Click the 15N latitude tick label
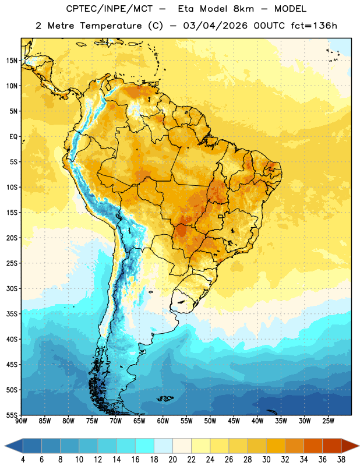(x=12, y=61)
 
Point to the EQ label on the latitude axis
(x=13, y=137)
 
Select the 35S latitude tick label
(x=12, y=314)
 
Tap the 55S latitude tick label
(x=12, y=415)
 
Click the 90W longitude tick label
(x=21, y=421)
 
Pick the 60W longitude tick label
(x=163, y=421)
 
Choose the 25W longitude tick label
(x=328, y=421)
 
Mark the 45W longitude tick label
(x=234, y=421)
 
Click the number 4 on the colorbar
(x=23, y=460)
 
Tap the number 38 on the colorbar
(x=341, y=460)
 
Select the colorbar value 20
(x=172, y=460)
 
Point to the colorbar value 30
(x=266, y=460)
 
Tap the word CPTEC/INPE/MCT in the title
(x=109, y=9)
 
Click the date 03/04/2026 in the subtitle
(x=215, y=26)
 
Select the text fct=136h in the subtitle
(x=314, y=26)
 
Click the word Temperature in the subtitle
(x=111, y=26)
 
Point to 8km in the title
(x=243, y=9)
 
